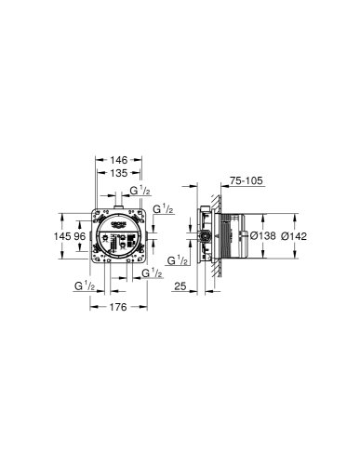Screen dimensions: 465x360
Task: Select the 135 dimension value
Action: [x=118, y=172]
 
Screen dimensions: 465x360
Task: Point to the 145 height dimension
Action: [x=62, y=235]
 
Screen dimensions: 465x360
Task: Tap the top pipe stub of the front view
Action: [x=117, y=205]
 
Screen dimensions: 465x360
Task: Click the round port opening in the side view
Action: [x=207, y=236]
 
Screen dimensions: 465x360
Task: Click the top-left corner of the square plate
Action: [x=95, y=211]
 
